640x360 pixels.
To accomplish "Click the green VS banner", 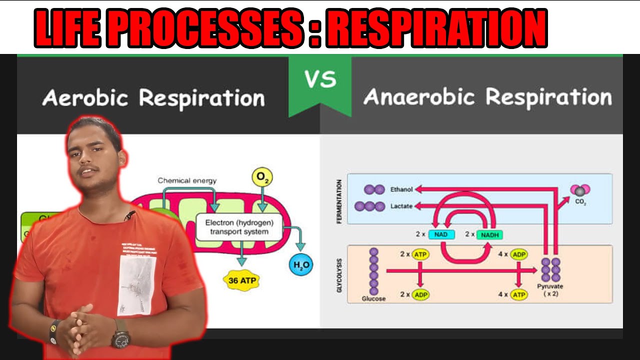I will (320, 82).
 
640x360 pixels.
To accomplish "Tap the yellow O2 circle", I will (262, 177).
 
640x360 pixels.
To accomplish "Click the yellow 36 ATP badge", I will (242, 280).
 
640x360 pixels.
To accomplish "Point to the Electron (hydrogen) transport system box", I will (239, 227).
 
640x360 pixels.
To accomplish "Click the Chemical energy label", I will (187, 180).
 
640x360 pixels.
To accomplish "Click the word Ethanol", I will (401, 190).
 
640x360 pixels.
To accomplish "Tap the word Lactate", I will (401, 206).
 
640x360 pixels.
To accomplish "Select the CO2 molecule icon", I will (580, 190).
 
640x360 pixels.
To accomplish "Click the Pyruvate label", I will (550, 286).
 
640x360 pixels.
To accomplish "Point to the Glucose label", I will (373, 298).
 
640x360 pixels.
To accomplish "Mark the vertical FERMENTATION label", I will (339, 201).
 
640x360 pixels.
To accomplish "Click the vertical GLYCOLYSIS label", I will (339, 275).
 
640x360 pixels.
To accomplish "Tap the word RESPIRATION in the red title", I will (439, 29).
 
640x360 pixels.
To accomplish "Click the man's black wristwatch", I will (120, 338).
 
